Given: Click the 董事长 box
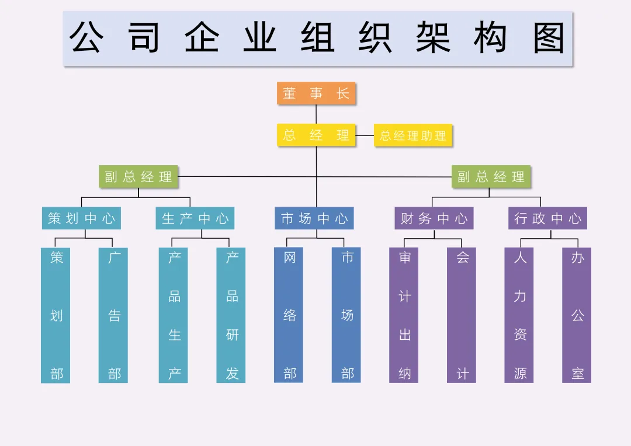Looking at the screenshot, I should point(316,93).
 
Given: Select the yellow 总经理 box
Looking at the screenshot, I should point(316,135).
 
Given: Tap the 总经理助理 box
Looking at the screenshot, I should point(413,135).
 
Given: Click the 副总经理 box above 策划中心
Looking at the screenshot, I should point(138,177).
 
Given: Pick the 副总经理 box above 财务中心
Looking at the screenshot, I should point(491,177).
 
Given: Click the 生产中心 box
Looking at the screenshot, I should point(195,218).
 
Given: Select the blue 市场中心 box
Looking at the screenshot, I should point(314,218).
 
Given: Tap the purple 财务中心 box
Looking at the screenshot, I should point(434,218).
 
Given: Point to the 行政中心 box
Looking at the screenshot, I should point(547,218).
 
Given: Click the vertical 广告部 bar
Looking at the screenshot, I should point(113,315).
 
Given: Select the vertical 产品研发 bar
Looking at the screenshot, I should point(231,315).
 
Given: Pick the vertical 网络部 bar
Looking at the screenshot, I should point(289,315).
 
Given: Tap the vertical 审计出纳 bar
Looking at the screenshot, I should point(404,315).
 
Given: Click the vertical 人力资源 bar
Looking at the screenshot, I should point(519,315).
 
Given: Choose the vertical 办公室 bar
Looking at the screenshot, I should point(577,315).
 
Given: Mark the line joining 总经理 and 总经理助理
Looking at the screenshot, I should point(365,135).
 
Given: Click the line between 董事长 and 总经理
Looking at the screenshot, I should point(316,114).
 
